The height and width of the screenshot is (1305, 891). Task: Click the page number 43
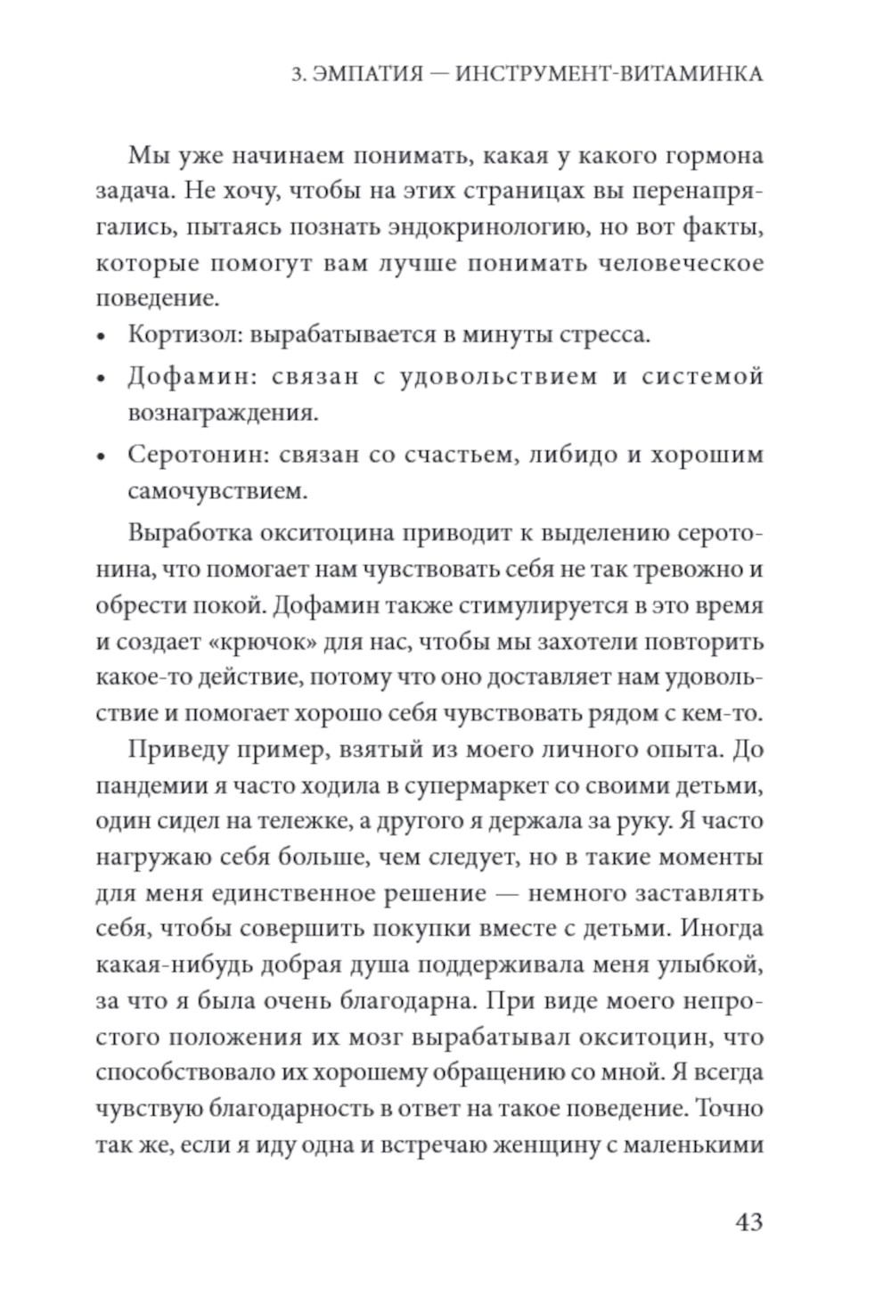(748, 1222)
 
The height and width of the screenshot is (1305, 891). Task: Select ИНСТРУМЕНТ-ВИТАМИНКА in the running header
(609, 74)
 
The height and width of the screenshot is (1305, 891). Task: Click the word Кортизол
(184, 337)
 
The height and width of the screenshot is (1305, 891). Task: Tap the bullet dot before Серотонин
(102, 456)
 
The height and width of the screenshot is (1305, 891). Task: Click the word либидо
(571, 455)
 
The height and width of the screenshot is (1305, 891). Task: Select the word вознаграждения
(223, 413)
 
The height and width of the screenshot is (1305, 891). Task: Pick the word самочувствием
(217, 491)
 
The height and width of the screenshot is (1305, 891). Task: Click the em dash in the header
(438, 75)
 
